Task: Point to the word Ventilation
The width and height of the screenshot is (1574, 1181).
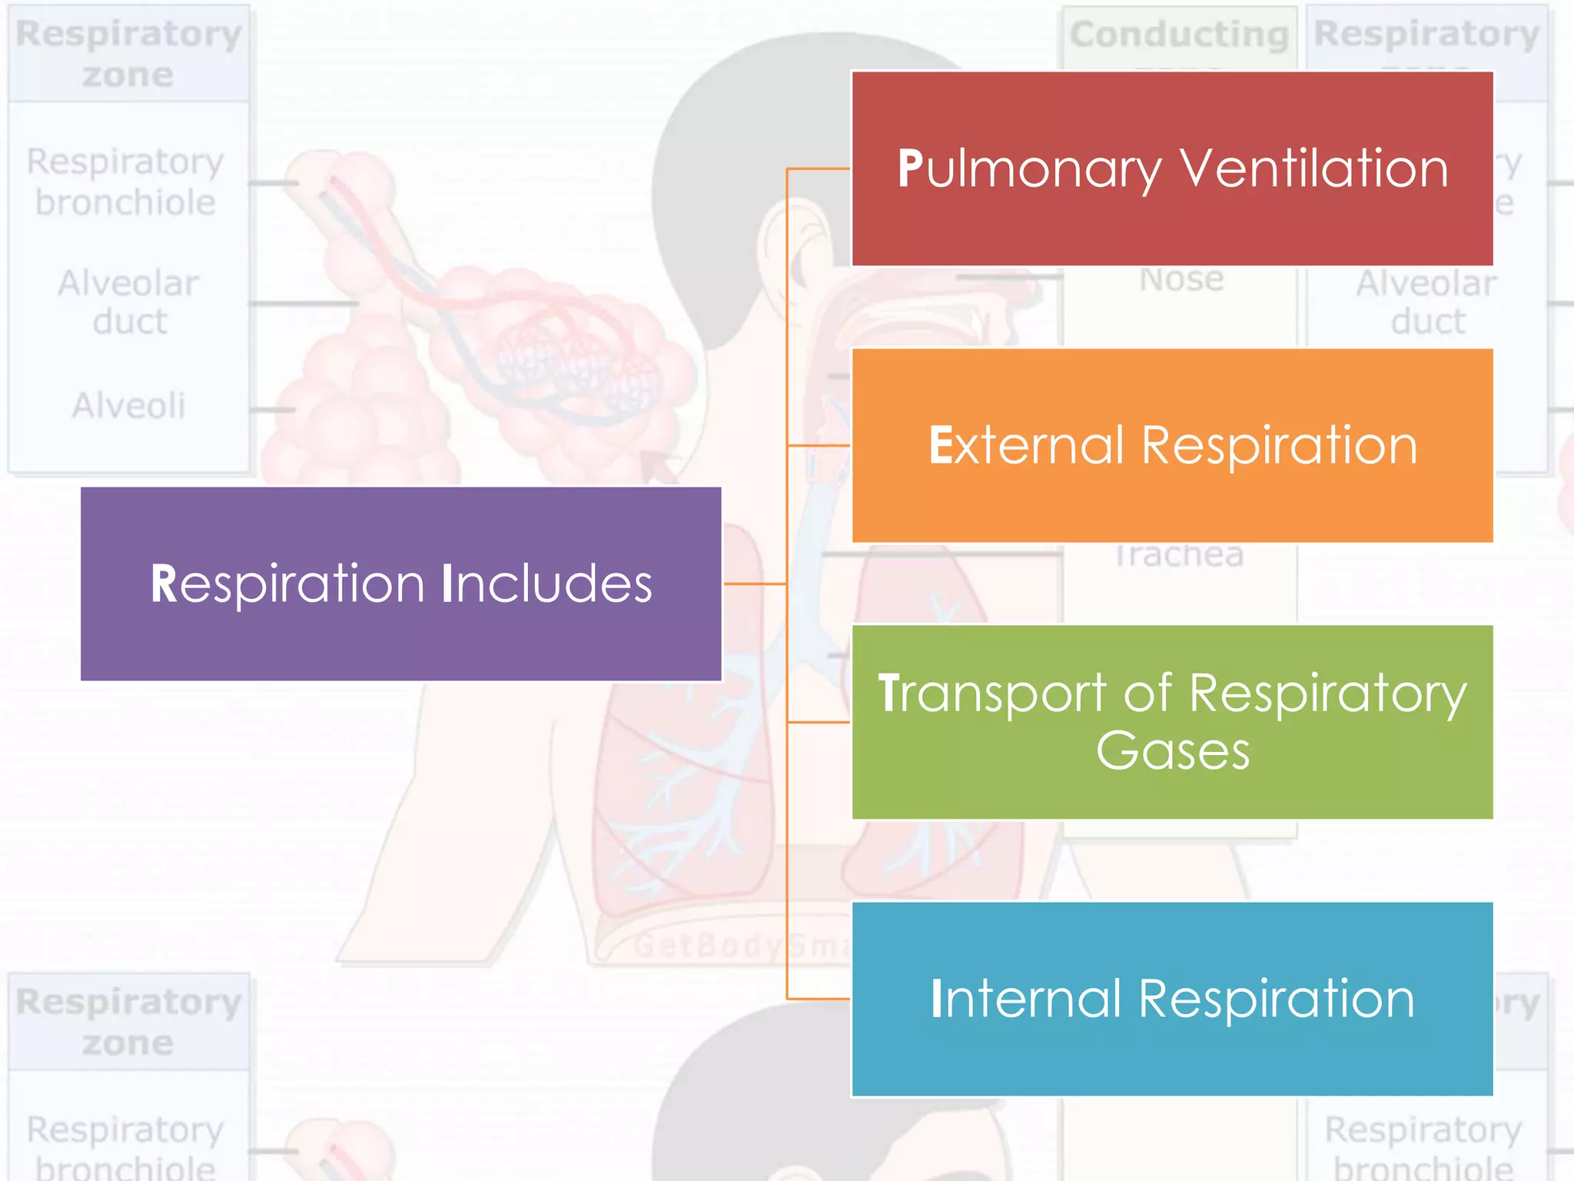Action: pyautogui.click(x=1314, y=168)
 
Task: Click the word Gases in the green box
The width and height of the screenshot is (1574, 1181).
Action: pyautogui.click(x=1173, y=751)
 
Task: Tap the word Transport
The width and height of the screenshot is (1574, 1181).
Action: pyautogui.click(x=992, y=694)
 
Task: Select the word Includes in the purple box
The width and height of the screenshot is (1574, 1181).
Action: pyautogui.click(x=547, y=584)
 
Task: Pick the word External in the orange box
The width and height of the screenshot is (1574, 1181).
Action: pyautogui.click(x=1026, y=446)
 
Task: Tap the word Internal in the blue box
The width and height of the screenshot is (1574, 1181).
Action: pyautogui.click(x=1026, y=1000)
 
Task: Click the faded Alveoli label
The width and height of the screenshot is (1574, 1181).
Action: pyautogui.click(x=128, y=405)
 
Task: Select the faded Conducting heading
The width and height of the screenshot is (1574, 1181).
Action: pyautogui.click(x=1179, y=35)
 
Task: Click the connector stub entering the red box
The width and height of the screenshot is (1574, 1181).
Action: pyautogui.click(x=819, y=168)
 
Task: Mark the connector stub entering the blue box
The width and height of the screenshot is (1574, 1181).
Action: pyautogui.click(x=819, y=999)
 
